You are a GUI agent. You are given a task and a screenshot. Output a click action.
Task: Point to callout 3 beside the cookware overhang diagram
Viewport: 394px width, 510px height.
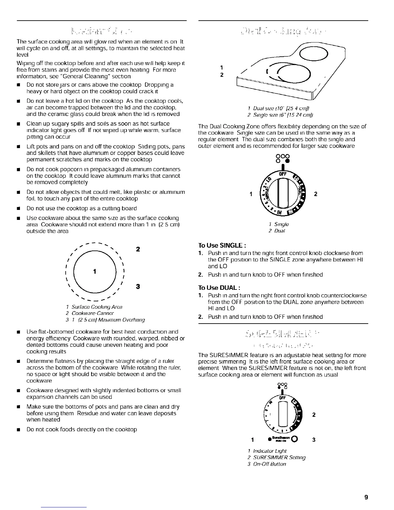tap(138, 287)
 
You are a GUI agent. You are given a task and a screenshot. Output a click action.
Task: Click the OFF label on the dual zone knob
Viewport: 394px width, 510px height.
tap(283, 174)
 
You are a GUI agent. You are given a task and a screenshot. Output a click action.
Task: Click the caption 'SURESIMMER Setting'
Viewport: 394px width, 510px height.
tap(279, 458)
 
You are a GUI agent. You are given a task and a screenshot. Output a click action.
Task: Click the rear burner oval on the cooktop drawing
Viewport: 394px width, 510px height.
tap(313, 54)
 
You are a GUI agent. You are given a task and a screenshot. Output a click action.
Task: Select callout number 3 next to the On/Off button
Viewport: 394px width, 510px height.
tap(313, 439)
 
